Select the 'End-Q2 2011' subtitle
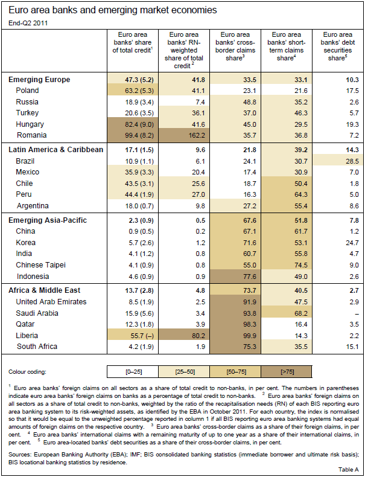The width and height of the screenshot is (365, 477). coord(26,23)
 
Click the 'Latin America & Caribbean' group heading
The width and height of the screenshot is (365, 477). coord(56,150)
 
